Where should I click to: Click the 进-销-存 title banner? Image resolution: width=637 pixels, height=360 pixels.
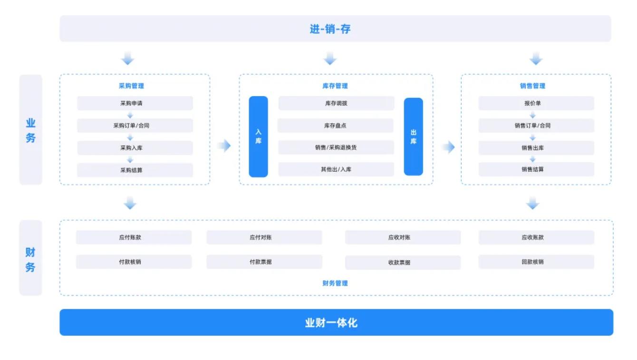(x=335, y=29)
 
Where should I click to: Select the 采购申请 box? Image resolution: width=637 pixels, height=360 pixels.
(x=135, y=103)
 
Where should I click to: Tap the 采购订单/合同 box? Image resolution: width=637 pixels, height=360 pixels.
(x=135, y=126)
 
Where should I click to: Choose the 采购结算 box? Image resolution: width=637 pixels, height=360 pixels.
(x=135, y=170)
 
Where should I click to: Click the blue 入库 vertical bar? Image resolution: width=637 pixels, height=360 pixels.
(x=258, y=136)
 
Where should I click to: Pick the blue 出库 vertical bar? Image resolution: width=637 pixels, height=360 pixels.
(x=413, y=136)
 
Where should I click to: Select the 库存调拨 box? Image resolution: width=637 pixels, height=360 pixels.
(x=336, y=103)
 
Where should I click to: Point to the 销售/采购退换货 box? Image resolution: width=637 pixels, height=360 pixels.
(x=336, y=147)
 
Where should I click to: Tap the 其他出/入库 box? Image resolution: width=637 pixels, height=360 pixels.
(x=336, y=169)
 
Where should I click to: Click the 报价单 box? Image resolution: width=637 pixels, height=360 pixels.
(x=536, y=103)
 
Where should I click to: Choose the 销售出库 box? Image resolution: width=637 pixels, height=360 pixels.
(x=536, y=148)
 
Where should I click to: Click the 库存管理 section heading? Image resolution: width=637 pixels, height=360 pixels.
(x=335, y=86)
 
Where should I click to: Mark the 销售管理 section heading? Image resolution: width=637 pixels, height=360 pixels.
(x=532, y=86)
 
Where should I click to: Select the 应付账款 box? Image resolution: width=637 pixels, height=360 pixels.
(x=134, y=237)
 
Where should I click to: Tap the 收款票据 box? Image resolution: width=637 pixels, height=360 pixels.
(x=403, y=263)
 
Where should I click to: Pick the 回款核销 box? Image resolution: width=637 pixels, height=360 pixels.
(x=536, y=262)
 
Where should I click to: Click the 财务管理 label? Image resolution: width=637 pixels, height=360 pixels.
(x=335, y=283)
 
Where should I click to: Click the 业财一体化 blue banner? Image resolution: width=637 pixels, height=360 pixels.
(x=337, y=322)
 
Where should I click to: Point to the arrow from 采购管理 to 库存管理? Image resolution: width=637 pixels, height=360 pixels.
(x=224, y=146)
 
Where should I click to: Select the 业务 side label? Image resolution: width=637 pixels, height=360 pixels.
(x=31, y=130)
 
